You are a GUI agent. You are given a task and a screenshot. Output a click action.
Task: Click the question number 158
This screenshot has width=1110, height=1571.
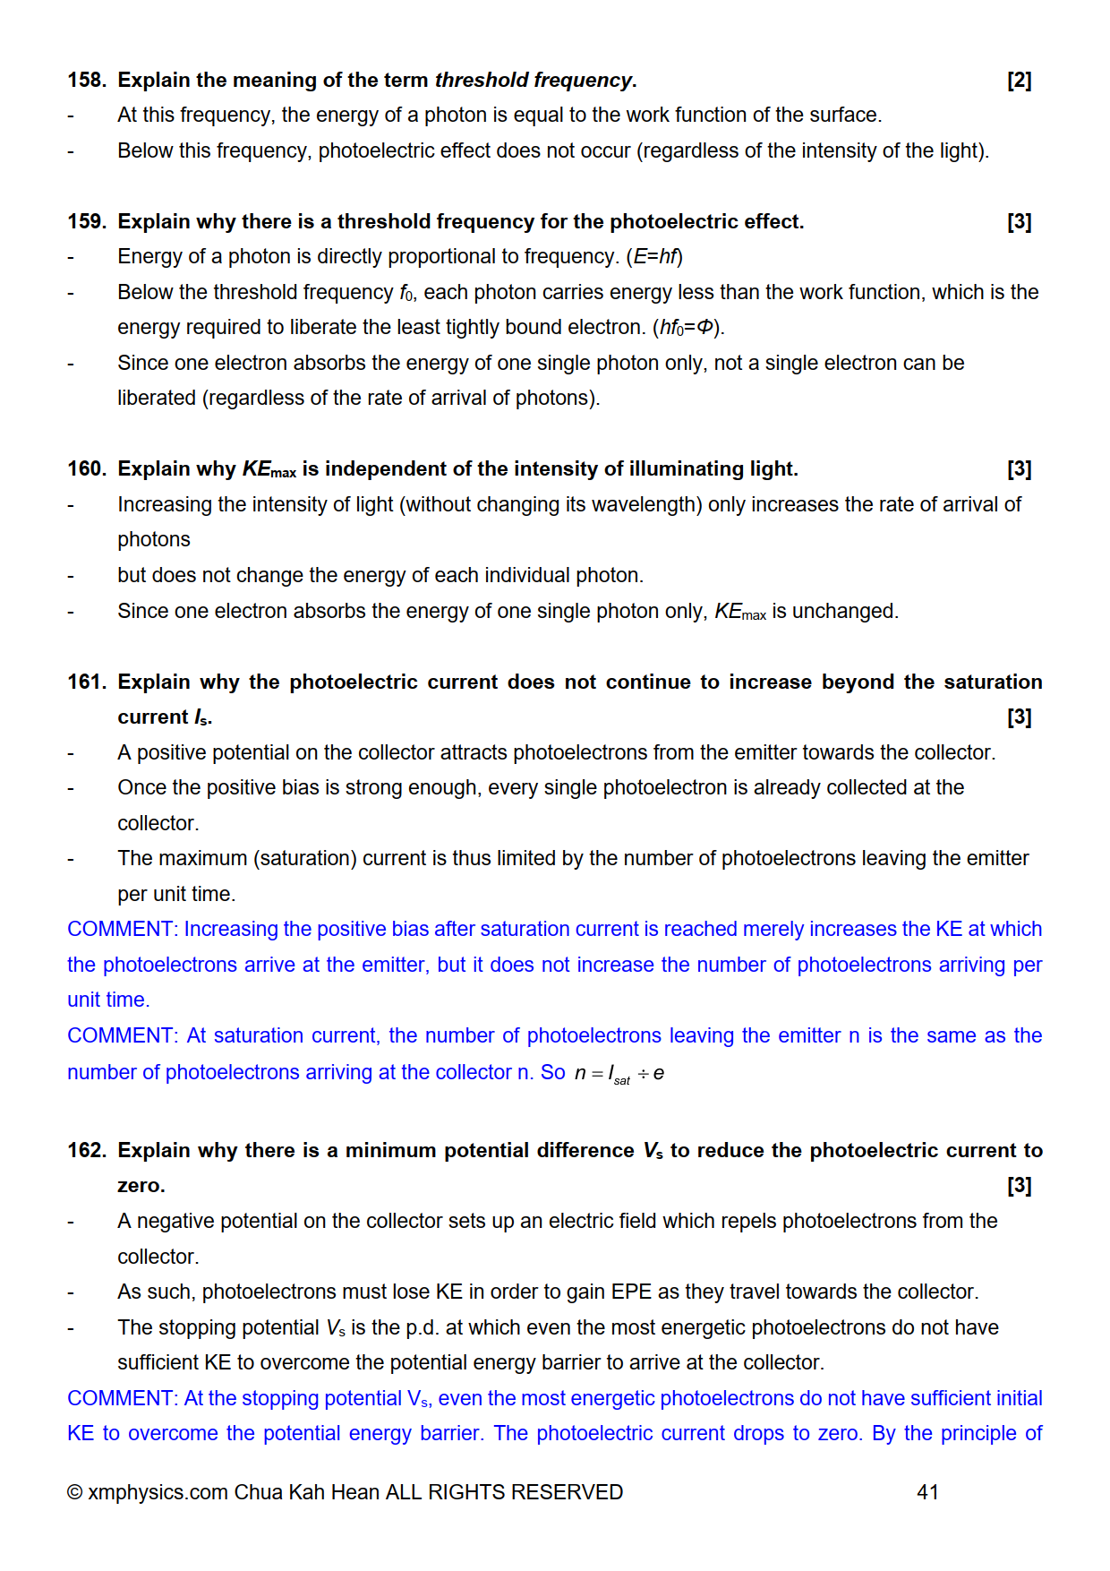[x=86, y=81]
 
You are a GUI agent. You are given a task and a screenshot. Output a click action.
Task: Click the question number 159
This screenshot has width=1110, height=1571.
[x=86, y=222]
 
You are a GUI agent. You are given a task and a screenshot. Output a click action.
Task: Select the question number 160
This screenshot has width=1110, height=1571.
[x=86, y=469]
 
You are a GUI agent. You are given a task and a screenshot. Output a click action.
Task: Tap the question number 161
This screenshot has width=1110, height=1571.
[x=86, y=682]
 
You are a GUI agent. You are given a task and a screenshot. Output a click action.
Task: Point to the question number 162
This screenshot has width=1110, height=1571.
[x=86, y=1151]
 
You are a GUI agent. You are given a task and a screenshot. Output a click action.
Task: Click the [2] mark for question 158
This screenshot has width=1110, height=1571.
[x=1019, y=81]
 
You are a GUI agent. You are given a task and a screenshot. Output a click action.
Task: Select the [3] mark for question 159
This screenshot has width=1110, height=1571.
[x=1019, y=222]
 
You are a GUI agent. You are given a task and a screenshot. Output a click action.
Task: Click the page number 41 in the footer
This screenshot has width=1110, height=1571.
[x=927, y=1492]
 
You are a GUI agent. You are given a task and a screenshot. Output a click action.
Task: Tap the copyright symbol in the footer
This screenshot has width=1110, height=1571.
[x=75, y=1492]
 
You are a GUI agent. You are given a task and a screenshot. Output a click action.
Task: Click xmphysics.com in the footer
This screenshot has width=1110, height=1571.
[x=158, y=1493]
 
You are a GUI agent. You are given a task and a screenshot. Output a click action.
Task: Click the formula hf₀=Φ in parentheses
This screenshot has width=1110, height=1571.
[x=687, y=328]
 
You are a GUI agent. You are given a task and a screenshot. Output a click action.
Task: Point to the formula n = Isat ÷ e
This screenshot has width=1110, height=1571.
[x=619, y=1074]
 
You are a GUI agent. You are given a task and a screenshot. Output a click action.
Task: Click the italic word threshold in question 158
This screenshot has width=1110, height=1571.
[x=482, y=81]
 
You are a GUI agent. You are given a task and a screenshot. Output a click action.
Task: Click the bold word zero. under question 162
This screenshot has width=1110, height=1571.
[x=141, y=1186]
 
